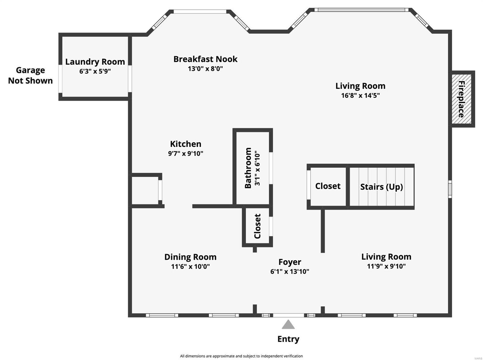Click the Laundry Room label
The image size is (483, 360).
coord(95,62)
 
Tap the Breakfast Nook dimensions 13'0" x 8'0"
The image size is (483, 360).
coord(205,69)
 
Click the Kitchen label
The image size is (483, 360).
coord(185,144)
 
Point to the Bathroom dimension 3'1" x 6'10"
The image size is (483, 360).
coord(257,168)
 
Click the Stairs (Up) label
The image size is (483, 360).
coord(381,187)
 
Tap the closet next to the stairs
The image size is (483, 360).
coord(328,186)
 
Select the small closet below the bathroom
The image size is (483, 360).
coord(257,226)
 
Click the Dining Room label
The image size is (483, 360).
coord(190,257)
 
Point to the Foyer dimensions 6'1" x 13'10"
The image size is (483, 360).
coord(289,272)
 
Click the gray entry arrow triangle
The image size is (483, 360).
coord(288,325)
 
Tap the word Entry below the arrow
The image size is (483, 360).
coord(288,339)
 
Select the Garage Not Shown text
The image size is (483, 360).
coord(30,75)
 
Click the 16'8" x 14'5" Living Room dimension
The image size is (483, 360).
coord(360,96)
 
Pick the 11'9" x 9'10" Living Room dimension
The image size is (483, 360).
coord(386,266)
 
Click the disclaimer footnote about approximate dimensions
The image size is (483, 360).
coord(241,356)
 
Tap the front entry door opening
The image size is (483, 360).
coord(288,315)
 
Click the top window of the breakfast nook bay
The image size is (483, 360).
coord(200,12)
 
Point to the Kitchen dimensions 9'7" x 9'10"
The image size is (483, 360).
coord(185,154)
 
